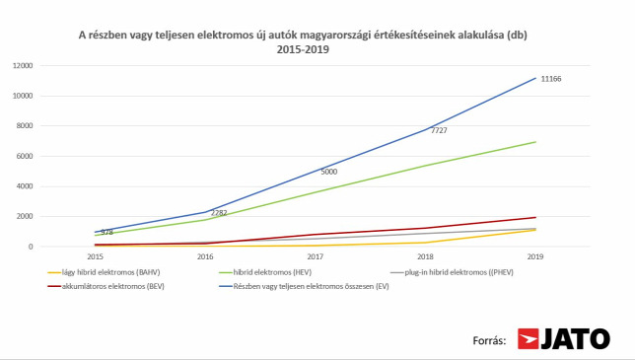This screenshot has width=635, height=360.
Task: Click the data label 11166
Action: (551, 79)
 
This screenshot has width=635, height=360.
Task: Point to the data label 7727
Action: (439, 130)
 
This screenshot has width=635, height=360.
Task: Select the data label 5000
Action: (329, 172)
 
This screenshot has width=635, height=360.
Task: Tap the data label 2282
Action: (219, 213)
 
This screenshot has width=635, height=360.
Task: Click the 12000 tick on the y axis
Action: (23, 66)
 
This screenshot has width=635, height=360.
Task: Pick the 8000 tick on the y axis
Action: (25, 126)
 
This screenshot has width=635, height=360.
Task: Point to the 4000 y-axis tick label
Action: (25, 186)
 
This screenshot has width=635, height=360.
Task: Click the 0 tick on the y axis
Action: (31, 247)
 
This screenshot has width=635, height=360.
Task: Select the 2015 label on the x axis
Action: (96, 256)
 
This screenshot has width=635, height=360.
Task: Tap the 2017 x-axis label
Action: (316, 256)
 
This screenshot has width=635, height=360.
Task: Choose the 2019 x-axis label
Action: (535, 256)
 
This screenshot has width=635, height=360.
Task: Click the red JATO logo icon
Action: (529, 339)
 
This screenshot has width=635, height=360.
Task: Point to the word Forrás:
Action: (489, 340)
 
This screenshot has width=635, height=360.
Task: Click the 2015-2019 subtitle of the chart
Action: (303, 50)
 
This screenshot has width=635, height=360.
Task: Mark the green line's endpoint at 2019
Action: (535, 142)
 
